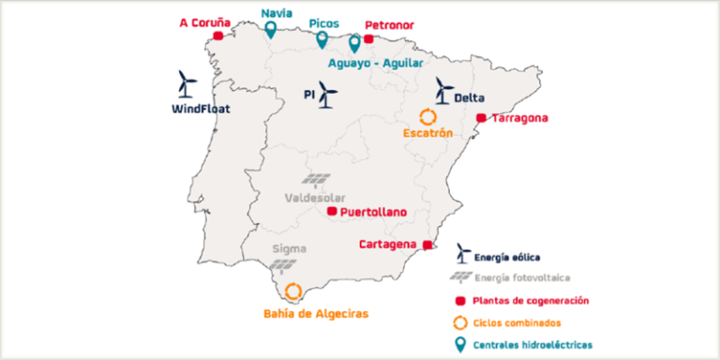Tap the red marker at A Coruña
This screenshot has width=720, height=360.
pyautogui.click(x=218, y=36)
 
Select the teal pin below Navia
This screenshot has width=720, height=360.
pyautogui.click(x=271, y=30)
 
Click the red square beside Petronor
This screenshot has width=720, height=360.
pyautogui.click(x=368, y=38)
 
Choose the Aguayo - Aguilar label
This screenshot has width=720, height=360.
pyautogui.click(x=375, y=63)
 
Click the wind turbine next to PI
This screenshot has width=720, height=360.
pyautogui.click(x=327, y=94)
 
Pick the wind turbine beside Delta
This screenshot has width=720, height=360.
pyautogui.click(x=443, y=91)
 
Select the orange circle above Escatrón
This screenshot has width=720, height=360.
pyautogui.click(x=427, y=117)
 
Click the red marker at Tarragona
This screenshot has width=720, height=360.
pyautogui.click(x=481, y=118)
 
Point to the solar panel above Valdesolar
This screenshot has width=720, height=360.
pyautogui.click(x=316, y=180)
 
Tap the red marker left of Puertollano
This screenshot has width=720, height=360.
pyautogui.click(x=331, y=212)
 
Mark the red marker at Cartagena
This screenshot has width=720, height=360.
pyautogui.click(x=427, y=245)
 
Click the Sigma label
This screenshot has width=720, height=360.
pyautogui.click(x=289, y=248)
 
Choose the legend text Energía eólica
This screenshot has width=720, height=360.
pyautogui.click(x=507, y=256)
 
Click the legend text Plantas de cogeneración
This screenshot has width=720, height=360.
pyautogui.click(x=531, y=300)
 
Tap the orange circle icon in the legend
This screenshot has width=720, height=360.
pyautogui.click(x=459, y=322)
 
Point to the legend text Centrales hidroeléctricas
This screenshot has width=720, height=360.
pyautogui.click(x=532, y=345)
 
